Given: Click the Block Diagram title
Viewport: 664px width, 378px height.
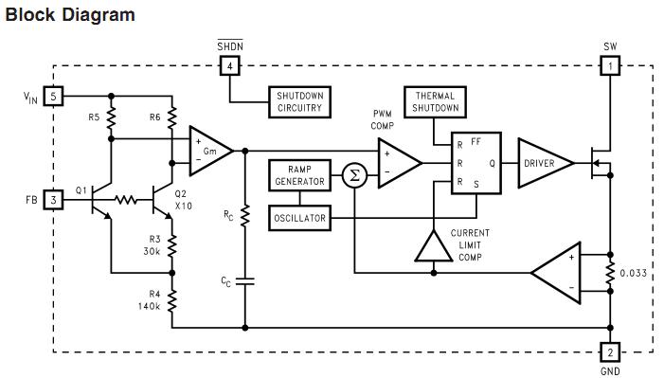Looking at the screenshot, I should point(70,15).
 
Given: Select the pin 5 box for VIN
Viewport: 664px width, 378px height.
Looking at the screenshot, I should point(55,96).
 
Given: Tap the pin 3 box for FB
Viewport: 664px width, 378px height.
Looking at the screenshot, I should point(55,200).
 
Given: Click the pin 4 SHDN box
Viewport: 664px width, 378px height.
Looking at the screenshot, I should point(229,65).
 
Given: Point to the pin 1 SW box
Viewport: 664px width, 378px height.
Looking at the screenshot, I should point(610,65).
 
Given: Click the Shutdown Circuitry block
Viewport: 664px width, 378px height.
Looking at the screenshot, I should point(299,102).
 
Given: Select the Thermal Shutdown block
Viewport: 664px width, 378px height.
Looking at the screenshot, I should point(435,102).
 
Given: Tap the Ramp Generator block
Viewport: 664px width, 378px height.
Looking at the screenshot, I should point(299,174).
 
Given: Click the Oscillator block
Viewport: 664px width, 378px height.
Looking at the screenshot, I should point(299,218).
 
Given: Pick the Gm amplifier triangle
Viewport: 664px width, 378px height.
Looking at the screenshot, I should point(207,150).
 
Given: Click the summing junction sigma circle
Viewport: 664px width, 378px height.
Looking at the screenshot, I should point(354,175).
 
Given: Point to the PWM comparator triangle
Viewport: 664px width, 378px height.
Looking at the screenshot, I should point(398,162).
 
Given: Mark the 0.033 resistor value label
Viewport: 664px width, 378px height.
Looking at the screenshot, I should point(634,274).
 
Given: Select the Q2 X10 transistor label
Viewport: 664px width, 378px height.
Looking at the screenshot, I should point(183,200).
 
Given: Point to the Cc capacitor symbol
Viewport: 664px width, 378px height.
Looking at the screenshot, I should point(245,281).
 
